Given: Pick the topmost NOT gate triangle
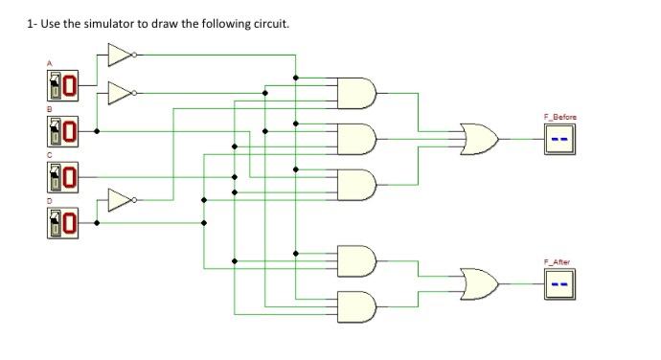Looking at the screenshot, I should pos(120,56).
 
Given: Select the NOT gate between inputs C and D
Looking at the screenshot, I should pos(120,200).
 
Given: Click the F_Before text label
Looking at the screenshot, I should pos(560,117).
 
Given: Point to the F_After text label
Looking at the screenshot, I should pos(558,261).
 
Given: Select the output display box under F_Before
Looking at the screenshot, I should pos(560,140).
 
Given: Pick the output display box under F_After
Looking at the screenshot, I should pos(560,284).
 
